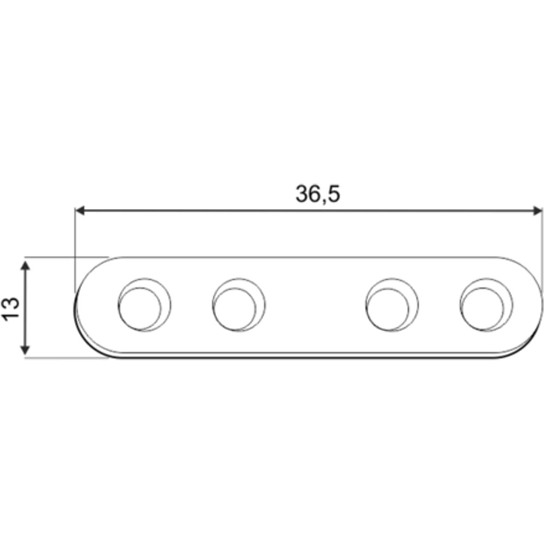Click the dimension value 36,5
pyautogui.click(x=318, y=194)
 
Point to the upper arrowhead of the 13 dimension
pyautogui.click(x=24, y=266)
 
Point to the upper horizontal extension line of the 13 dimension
pyautogui.click(x=65, y=256)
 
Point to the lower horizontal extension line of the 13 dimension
pyautogui.click(x=65, y=358)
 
